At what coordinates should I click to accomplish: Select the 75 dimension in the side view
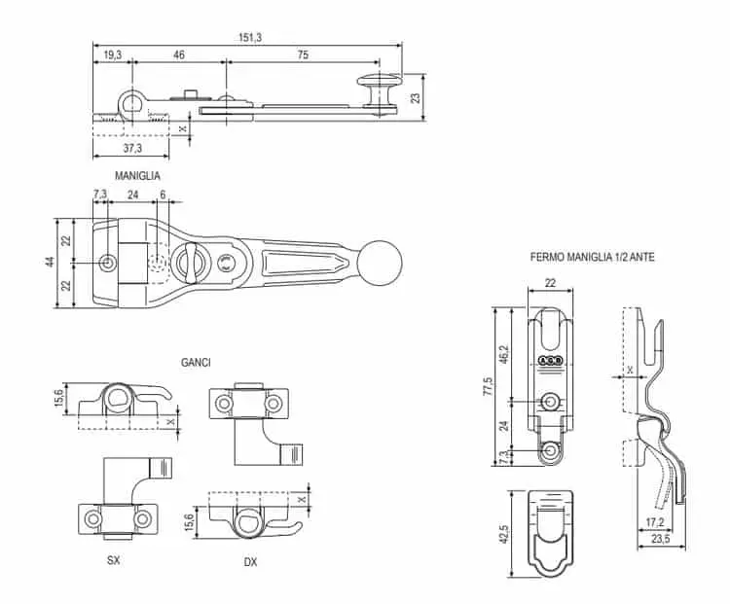click(x=303, y=56)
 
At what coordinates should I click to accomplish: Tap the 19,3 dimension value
click(x=112, y=56)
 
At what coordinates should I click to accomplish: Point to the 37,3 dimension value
click(x=131, y=149)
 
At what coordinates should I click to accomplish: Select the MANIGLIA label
click(x=137, y=176)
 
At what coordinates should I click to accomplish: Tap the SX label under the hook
click(x=114, y=561)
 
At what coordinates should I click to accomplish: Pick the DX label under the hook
click(x=250, y=562)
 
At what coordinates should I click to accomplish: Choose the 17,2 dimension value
click(x=656, y=522)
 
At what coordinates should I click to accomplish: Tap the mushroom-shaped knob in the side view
click(x=379, y=86)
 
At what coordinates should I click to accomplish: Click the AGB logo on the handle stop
click(x=550, y=362)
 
